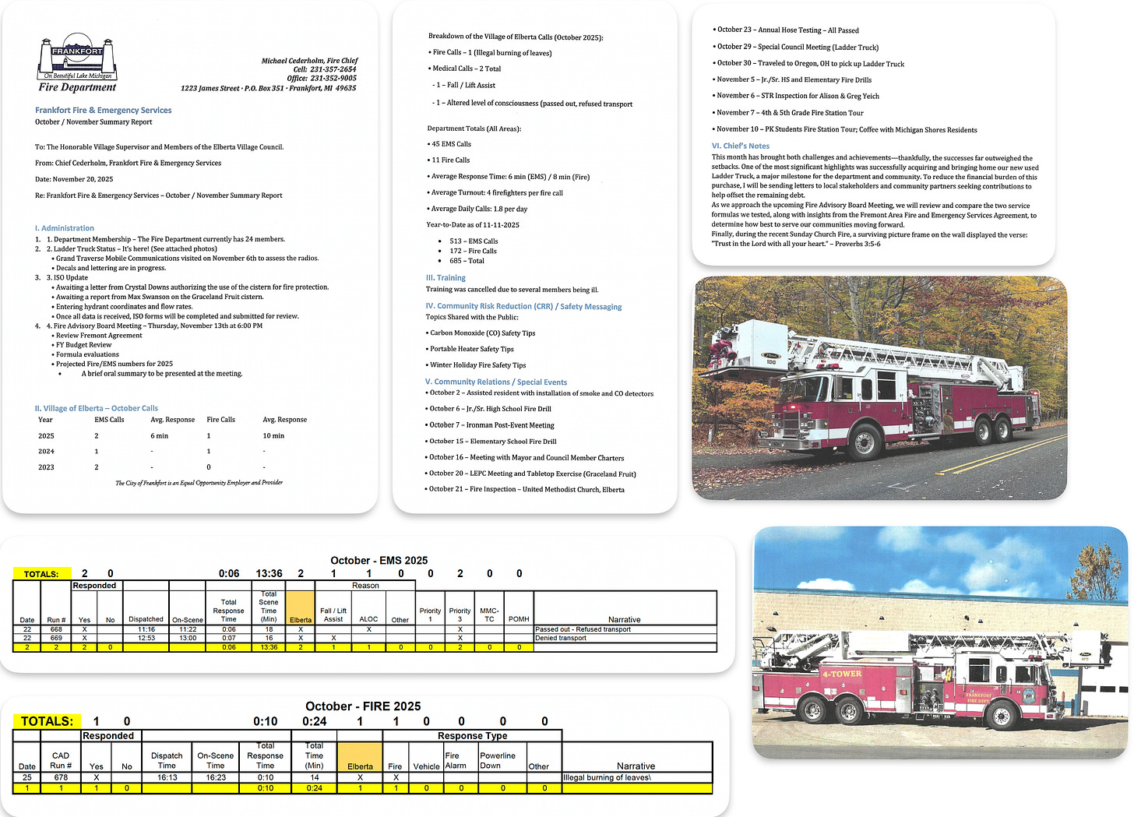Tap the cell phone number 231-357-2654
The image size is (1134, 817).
pos(333,69)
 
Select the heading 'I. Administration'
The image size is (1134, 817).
pos(65,227)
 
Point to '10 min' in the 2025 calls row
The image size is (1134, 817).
pos(273,435)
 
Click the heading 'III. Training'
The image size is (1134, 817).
pos(445,277)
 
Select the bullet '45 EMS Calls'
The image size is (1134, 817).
pos(451,144)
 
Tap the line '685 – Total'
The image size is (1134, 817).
pos(467,261)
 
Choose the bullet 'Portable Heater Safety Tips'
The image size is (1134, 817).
pos(472,349)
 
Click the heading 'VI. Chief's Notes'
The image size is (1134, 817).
pos(740,146)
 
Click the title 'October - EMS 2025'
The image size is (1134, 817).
pos(379,560)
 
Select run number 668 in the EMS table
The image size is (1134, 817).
pos(56,629)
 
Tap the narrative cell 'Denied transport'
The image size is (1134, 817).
pos(561,638)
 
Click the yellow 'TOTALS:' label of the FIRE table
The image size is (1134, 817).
pos(47,721)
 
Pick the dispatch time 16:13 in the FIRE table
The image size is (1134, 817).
pos(167,777)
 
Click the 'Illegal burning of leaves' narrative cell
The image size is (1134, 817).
pos(607,777)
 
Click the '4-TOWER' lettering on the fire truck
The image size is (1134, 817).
pos(841,674)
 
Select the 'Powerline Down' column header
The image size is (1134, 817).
pos(498,760)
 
